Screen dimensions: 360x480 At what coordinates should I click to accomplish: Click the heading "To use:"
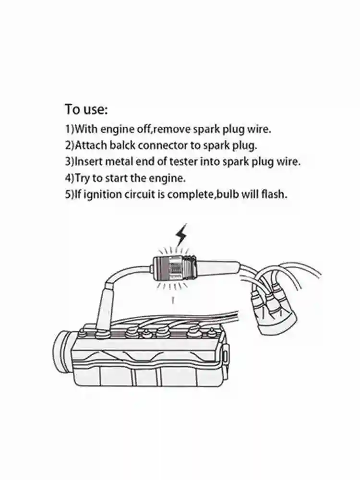click(87, 109)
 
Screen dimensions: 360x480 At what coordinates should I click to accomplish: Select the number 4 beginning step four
click(68, 178)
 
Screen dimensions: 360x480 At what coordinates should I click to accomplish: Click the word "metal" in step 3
click(122, 161)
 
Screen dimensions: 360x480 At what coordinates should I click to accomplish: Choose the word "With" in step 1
click(86, 129)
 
